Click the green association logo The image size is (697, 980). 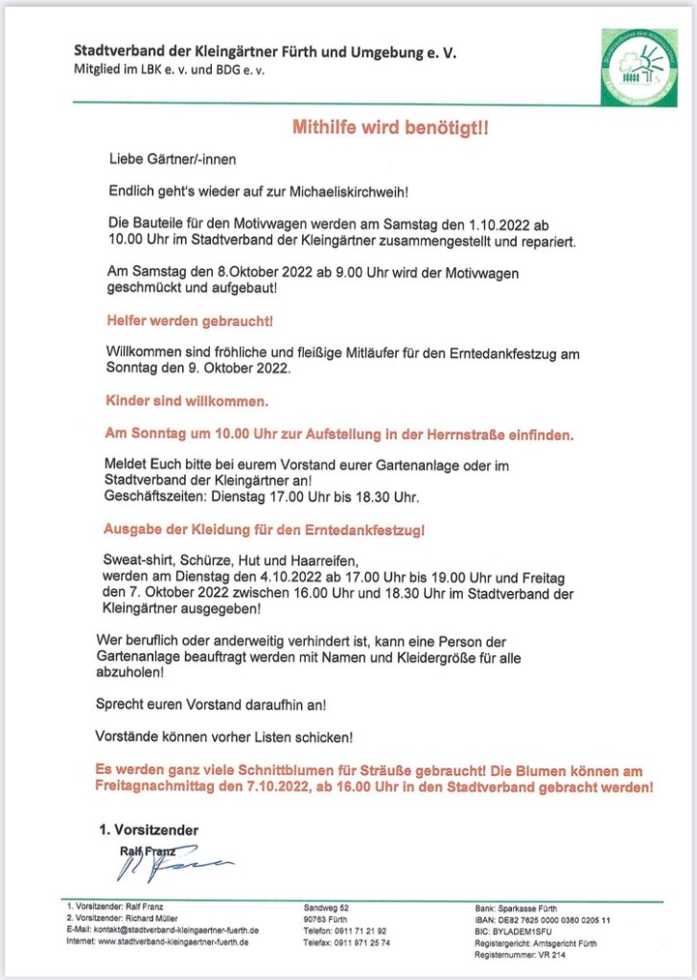pos(639,66)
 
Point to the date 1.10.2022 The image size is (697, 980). pos(500,223)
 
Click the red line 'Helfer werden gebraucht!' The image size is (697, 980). pos(181,320)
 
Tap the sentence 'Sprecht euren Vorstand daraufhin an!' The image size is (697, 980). pos(211,703)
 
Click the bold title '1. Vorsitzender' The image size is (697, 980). pos(149,831)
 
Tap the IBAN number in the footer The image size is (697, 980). pos(543,919)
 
